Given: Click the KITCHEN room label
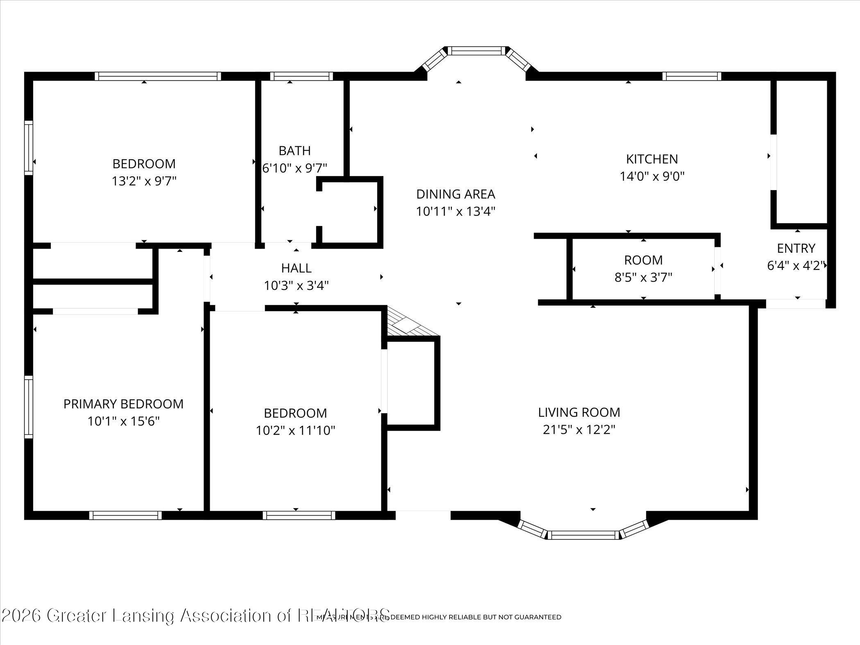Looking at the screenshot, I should pyautogui.click(x=652, y=159).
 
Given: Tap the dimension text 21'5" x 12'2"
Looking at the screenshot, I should pyautogui.click(x=579, y=430).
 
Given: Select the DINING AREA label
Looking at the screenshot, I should pyautogui.click(x=455, y=194).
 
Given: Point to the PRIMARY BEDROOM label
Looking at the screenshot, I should pyautogui.click(x=123, y=404).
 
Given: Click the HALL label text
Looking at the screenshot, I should pyautogui.click(x=296, y=268).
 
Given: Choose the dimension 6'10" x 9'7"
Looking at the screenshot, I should pyautogui.click(x=294, y=168).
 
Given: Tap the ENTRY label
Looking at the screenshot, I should pyautogui.click(x=796, y=248).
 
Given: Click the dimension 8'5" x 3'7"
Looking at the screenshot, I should pyautogui.click(x=643, y=278).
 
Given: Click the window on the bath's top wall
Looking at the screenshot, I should pyautogui.click(x=301, y=76).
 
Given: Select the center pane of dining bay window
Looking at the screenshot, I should pyautogui.click(x=476, y=51).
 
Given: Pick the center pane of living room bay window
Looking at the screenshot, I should pyautogui.click(x=583, y=535).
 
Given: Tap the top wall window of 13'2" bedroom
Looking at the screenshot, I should pyautogui.click(x=158, y=76).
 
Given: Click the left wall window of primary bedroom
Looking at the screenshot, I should pyautogui.click(x=28, y=407).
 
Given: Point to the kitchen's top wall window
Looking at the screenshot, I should pyautogui.click(x=691, y=76).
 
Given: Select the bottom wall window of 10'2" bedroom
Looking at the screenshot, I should pyautogui.click(x=299, y=515).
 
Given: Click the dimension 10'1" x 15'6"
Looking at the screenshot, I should pyautogui.click(x=123, y=421).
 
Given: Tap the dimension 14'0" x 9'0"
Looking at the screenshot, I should pyautogui.click(x=652, y=177).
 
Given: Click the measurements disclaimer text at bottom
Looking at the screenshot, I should pyautogui.click(x=438, y=617).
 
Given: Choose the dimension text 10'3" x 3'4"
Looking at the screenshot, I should pyautogui.click(x=296, y=285).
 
